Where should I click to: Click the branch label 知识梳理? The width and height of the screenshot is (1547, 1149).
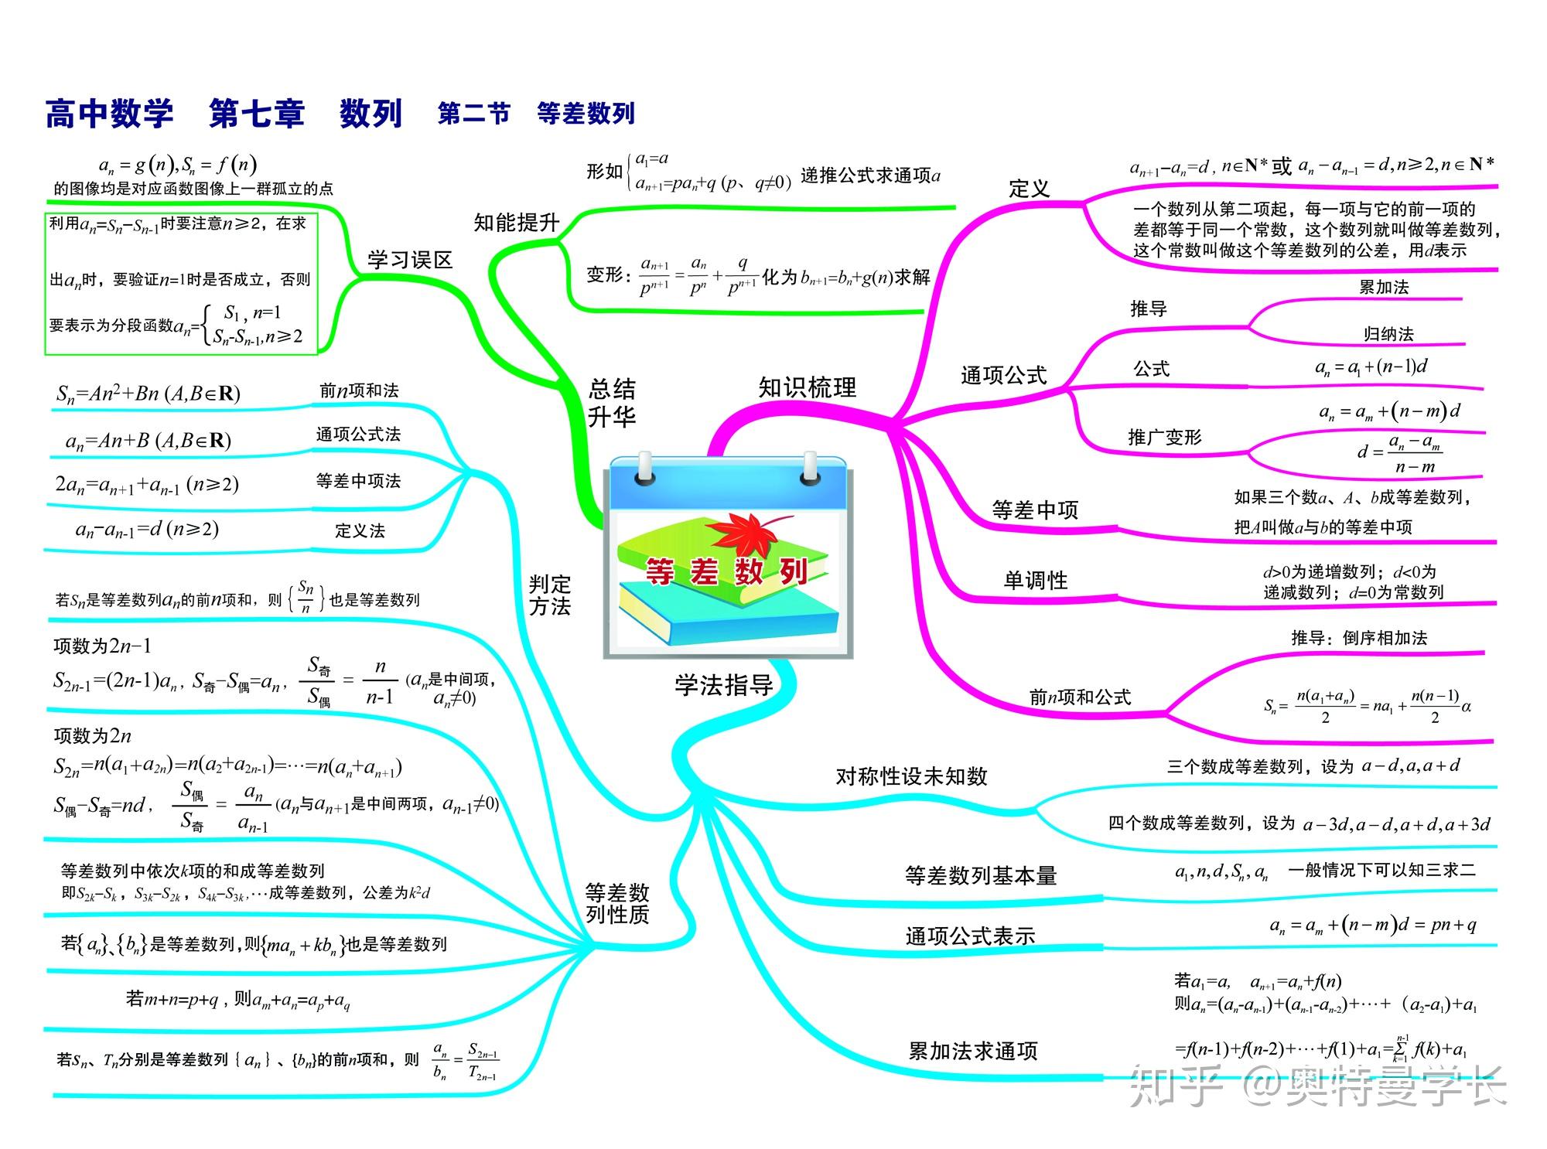click(807, 387)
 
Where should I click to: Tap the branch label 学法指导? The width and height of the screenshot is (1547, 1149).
click(724, 685)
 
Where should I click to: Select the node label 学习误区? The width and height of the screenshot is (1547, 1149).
click(409, 260)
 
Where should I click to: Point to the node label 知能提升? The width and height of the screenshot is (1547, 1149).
click(516, 223)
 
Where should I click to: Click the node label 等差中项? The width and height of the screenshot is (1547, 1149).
click(1035, 510)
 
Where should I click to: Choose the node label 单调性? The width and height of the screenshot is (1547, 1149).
click(1035, 581)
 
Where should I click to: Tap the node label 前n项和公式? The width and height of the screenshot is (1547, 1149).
click(1079, 697)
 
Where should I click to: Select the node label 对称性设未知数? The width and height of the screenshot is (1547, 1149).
click(911, 777)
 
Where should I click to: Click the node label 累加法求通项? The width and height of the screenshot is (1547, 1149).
click(972, 1052)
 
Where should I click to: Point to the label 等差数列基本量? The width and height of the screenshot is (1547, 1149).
click(980, 876)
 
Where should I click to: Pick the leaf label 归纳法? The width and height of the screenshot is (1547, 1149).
click(1388, 334)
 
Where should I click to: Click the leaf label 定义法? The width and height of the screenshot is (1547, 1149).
click(360, 530)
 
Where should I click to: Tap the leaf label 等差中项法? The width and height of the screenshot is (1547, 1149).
click(358, 481)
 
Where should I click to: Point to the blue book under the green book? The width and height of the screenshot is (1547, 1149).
click(727, 611)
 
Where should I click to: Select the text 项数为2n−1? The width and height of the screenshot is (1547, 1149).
click(102, 646)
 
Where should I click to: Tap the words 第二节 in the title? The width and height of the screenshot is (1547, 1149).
click(473, 114)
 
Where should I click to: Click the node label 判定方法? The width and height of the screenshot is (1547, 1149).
click(549, 595)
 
